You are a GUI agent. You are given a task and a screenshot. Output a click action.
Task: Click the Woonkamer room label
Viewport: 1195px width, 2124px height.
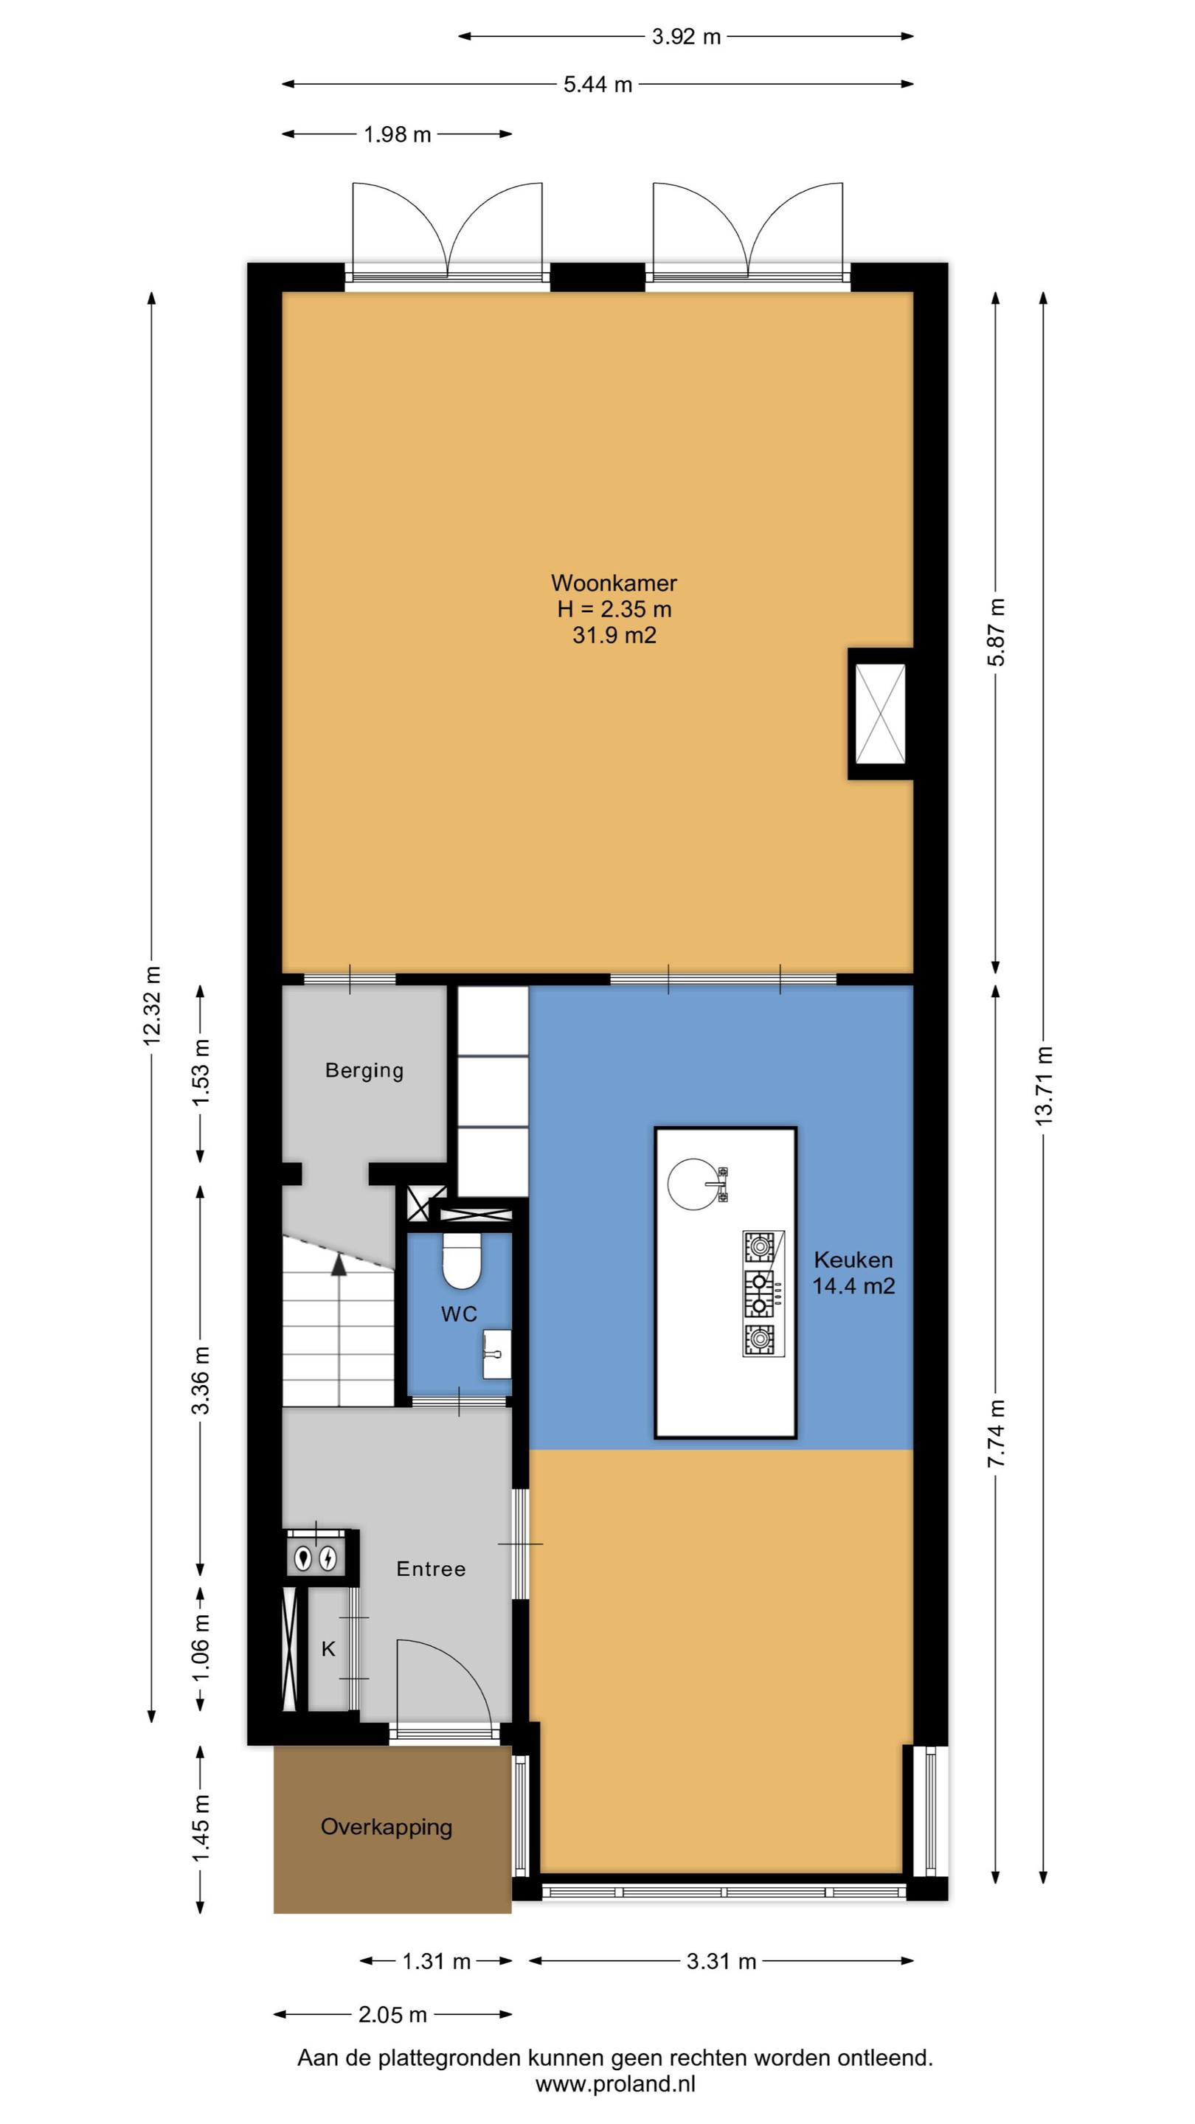(614, 583)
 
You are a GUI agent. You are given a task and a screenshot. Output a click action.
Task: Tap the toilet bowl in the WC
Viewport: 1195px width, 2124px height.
(461, 1260)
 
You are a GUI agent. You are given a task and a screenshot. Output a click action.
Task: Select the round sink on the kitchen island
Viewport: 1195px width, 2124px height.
(693, 1184)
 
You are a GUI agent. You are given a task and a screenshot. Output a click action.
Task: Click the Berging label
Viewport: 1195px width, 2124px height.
(364, 1070)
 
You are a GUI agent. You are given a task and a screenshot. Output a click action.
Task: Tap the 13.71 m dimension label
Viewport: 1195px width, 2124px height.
(1043, 1085)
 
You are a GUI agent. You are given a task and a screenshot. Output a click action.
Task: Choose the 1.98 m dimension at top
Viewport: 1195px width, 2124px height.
(398, 134)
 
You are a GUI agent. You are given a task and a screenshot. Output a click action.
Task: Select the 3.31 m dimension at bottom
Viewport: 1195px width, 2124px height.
(721, 1961)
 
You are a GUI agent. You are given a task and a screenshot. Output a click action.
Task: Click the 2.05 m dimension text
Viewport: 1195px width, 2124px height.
(392, 2014)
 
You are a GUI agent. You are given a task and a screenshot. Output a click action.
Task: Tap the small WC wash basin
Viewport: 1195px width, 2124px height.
(496, 1353)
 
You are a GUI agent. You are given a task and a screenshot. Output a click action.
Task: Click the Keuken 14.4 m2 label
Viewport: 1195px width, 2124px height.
(853, 1272)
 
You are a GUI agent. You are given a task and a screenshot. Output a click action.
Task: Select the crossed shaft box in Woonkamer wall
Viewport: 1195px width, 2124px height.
(880, 714)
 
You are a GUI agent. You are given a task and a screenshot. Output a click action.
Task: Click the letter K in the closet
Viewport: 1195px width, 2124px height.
(328, 1648)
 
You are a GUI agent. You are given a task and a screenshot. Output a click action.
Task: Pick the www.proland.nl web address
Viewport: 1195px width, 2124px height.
(615, 2083)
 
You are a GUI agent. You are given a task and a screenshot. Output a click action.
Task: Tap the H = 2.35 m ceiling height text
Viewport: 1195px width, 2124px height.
(614, 609)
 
